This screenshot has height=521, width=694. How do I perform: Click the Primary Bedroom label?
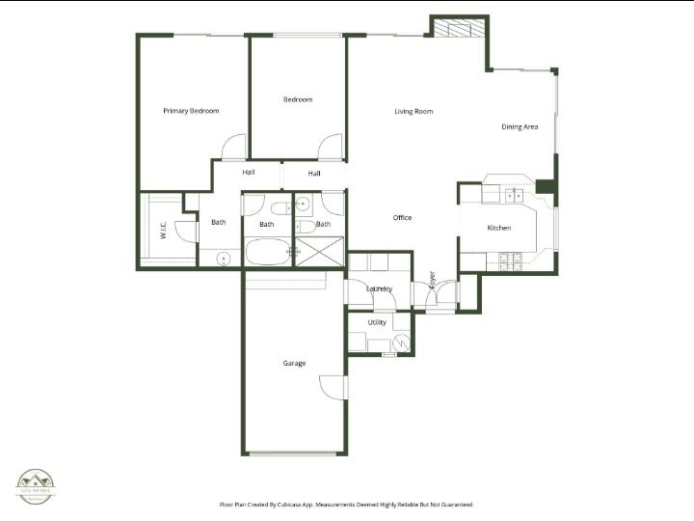[x=191, y=111]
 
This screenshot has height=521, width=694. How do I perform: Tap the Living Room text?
[x=414, y=112]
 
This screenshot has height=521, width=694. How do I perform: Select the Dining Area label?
[x=520, y=127]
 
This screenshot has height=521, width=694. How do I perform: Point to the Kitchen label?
[x=498, y=228]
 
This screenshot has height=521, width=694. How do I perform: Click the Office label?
[x=402, y=218]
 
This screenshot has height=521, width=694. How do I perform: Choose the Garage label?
[x=294, y=364]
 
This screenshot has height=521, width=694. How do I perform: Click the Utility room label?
[x=377, y=322]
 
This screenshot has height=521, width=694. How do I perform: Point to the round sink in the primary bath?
[x=224, y=258]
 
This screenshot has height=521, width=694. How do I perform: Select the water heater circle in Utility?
[x=400, y=342]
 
